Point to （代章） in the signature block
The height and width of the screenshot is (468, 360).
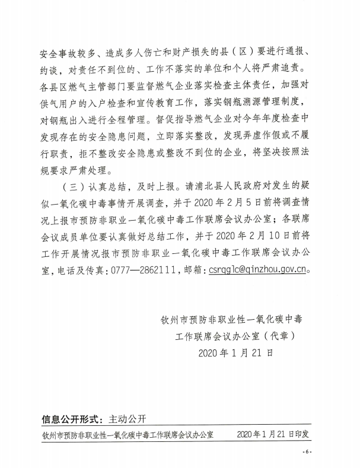click(276, 336)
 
